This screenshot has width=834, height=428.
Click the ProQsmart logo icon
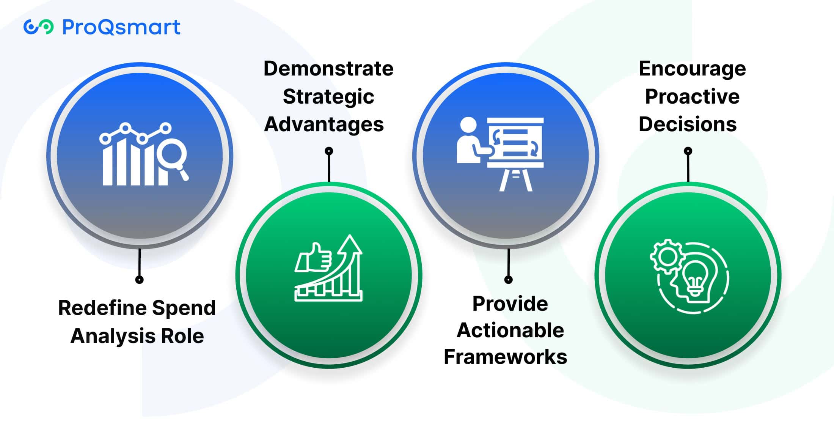pyautogui.click(x=38, y=27)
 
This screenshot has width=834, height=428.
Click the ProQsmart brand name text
pyautogui.click(x=121, y=27)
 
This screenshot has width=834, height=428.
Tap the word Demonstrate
pyautogui.click(x=328, y=69)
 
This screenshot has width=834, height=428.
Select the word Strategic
pyautogui.click(x=328, y=97)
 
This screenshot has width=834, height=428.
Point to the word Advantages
pyautogui.click(x=324, y=124)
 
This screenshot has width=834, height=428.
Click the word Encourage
pyautogui.click(x=693, y=69)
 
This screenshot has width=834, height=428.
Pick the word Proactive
pyautogui.click(x=692, y=96)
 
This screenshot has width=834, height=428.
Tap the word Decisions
pyautogui.click(x=688, y=124)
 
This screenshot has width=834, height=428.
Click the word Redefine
pyautogui.click(x=100, y=308)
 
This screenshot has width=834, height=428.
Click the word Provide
pyautogui.click(x=510, y=304)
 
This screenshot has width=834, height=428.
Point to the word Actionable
pyautogui.click(x=510, y=330)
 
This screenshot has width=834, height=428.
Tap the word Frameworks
pyautogui.click(x=506, y=357)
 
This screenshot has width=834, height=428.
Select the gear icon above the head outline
pyautogui.click(x=666, y=256)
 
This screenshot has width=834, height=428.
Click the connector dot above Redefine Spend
pyautogui.click(x=139, y=280)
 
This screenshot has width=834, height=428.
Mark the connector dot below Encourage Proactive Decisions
pyautogui.click(x=688, y=151)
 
